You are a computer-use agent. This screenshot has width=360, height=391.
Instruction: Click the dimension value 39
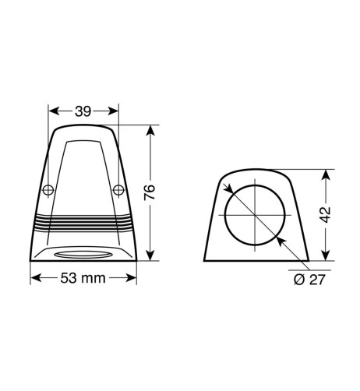click(x=83, y=112)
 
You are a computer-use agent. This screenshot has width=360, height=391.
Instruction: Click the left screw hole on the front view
click(x=49, y=189)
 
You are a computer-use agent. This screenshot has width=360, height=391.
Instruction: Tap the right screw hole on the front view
click(x=118, y=189)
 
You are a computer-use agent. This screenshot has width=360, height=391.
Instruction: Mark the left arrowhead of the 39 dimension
click(x=52, y=112)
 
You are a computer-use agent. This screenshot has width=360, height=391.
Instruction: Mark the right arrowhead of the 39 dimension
click(x=115, y=112)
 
